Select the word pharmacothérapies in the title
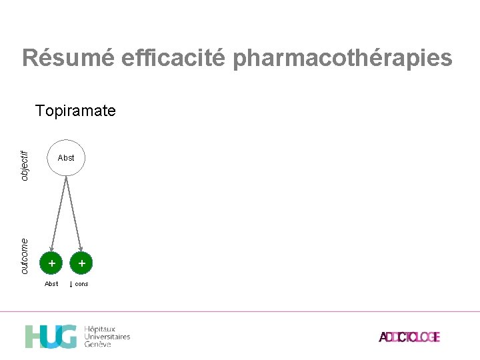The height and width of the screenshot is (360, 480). click(343, 58)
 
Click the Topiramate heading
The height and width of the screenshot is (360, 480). click(75, 111)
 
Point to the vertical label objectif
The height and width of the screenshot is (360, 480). click(25, 165)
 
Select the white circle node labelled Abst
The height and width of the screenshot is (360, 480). click(66, 158)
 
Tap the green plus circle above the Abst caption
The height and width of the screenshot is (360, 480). click(52, 264)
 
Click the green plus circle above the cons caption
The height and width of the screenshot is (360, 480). click(81, 264)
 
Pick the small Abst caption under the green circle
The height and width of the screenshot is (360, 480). click(51, 284)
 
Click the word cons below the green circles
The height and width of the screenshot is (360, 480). click(81, 284)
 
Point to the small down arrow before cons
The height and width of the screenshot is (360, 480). click(71, 284)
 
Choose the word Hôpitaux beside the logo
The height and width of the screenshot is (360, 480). click(99, 329)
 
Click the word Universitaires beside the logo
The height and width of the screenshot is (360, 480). click(107, 337)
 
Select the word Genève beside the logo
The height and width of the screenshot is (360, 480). click(98, 345)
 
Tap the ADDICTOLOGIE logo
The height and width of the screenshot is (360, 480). click(409, 337)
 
